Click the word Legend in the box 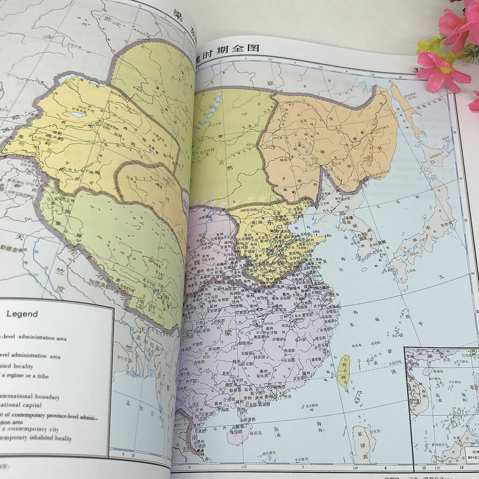tap(22, 314)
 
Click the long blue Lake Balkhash tap(76, 115)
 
